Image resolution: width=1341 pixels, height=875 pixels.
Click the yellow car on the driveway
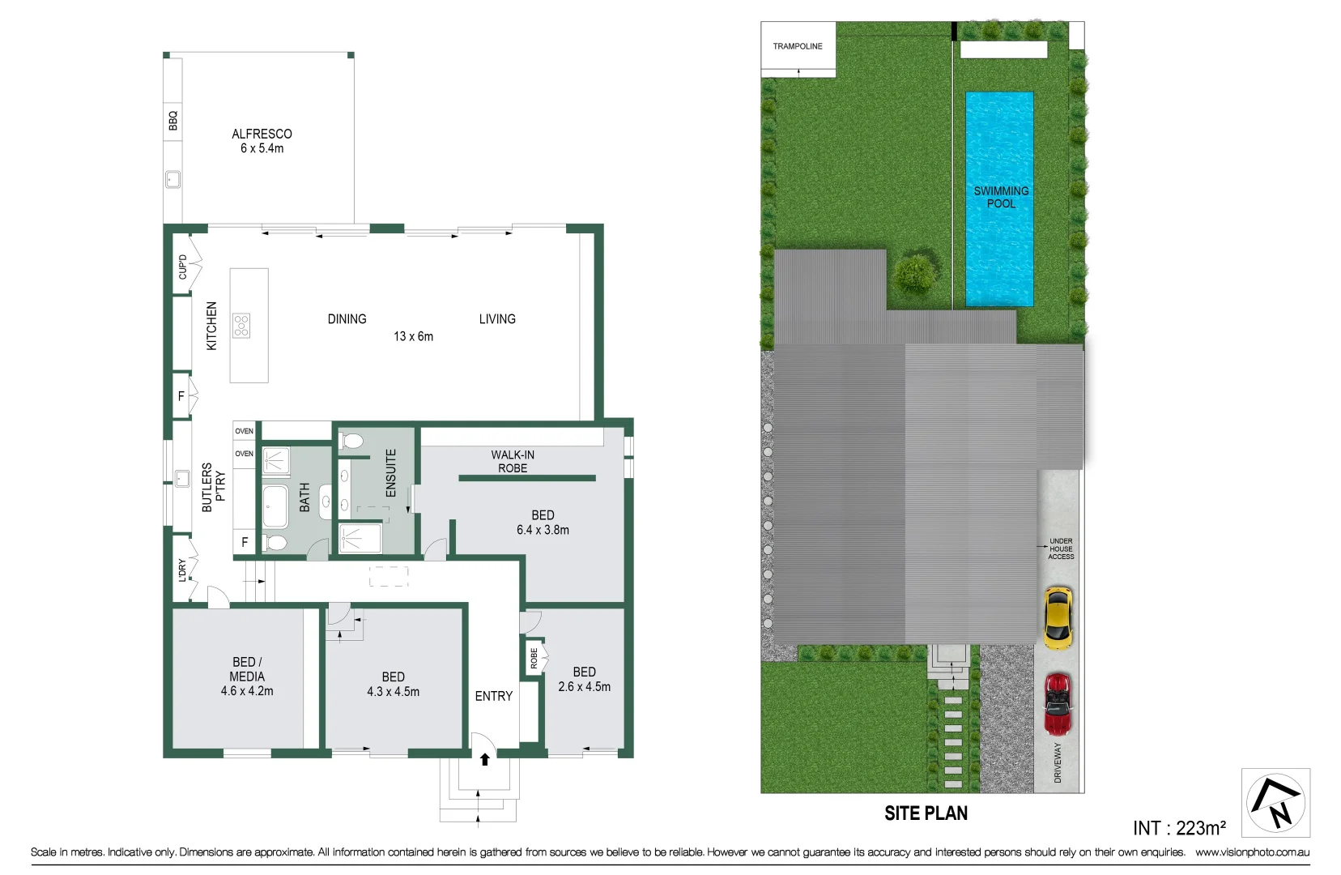tap(1058, 618)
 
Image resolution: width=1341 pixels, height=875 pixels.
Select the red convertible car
tap(1058, 704)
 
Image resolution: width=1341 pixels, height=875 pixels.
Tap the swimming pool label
tap(1001, 197)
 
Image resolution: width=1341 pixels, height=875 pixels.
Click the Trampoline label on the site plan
tap(798, 46)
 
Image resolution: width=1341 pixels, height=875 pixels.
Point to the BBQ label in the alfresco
tap(173, 121)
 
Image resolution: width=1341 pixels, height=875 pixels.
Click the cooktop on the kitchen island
tap(241, 325)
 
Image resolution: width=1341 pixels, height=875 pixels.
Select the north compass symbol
tap(1275, 803)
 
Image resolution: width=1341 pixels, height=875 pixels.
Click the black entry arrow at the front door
tap(485, 759)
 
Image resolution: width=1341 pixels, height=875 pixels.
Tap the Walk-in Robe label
tap(513, 461)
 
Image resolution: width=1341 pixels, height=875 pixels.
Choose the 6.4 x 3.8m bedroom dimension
tap(543, 530)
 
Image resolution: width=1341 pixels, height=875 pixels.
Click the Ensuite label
tap(391, 473)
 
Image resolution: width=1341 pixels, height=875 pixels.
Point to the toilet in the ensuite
tap(351, 442)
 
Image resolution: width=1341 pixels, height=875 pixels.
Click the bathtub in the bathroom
tap(275, 506)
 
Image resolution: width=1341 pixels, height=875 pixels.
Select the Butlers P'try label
tap(214, 487)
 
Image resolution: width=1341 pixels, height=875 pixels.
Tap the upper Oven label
tap(244, 431)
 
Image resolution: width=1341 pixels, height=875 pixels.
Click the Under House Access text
tap(1061, 548)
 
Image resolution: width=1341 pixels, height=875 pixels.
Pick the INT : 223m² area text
tap(1179, 827)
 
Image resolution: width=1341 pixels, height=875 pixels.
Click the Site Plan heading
tap(926, 813)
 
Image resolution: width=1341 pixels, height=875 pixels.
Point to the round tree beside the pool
tap(914, 275)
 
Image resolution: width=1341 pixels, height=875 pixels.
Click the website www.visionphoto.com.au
tap(1253, 852)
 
